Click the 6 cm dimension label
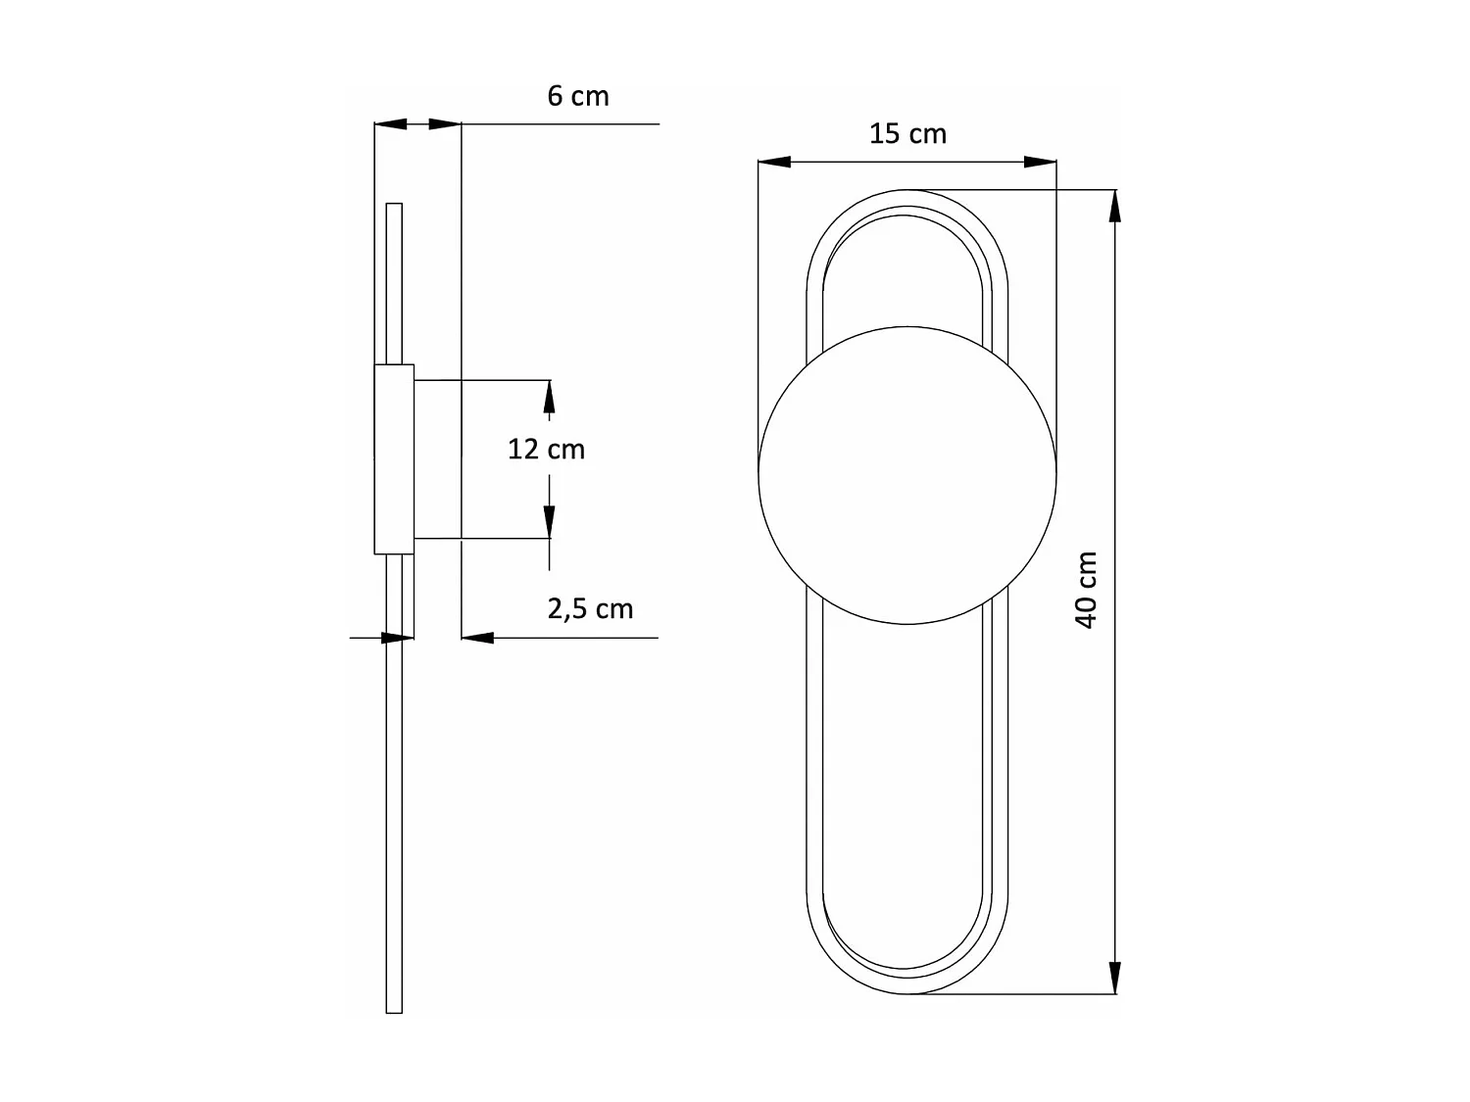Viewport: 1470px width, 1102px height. click(577, 96)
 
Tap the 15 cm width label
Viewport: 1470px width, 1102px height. click(907, 133)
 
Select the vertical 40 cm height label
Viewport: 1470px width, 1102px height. click(1086, 590)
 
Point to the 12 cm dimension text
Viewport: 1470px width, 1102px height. click(546, 449)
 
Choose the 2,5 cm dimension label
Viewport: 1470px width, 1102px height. click(590, 608)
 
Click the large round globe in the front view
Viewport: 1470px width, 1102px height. click(907, 474)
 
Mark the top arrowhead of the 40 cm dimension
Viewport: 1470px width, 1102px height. click(1113, 206)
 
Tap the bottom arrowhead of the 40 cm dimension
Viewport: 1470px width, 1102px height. click(1113, 978)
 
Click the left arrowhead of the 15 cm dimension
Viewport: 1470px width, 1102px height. click(774, 162)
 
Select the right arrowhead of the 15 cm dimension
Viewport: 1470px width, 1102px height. click(1040, 162)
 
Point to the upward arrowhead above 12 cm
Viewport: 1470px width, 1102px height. click(549, 397)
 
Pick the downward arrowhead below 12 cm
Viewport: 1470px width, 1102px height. click(549, 521)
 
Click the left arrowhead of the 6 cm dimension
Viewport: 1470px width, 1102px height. click(391, 124)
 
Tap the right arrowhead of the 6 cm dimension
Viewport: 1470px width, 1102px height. click(445, 124)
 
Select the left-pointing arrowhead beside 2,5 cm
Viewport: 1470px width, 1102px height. click(477, 638)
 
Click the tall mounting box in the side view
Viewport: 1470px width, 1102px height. click(394, 458)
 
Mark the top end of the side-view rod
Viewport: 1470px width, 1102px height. click(394, 206)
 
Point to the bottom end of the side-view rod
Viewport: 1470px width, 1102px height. click(394, 1010)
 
